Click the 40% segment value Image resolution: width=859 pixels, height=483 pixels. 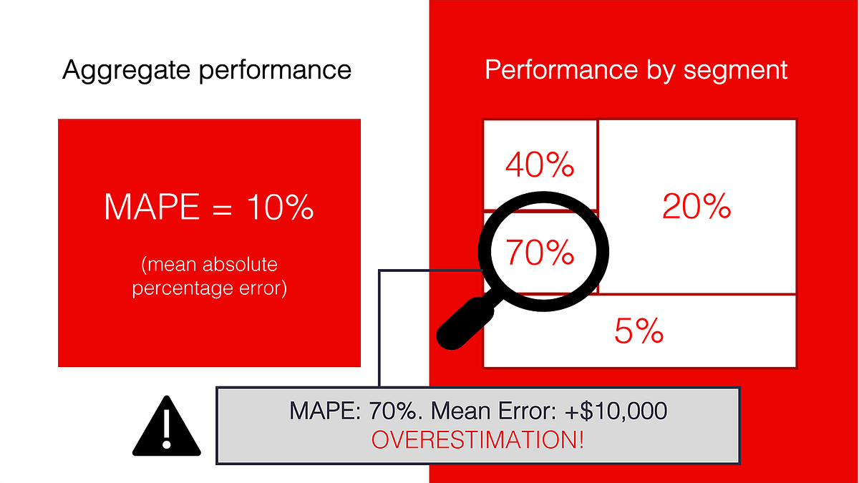540,166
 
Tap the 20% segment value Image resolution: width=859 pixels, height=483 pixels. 697,207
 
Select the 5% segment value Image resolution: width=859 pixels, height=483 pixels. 639,331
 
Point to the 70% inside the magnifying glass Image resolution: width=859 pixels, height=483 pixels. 540,252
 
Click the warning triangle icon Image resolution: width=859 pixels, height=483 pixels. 167,428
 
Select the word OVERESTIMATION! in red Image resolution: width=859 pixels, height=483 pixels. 478,439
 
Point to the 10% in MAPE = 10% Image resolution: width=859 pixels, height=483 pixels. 279,207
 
